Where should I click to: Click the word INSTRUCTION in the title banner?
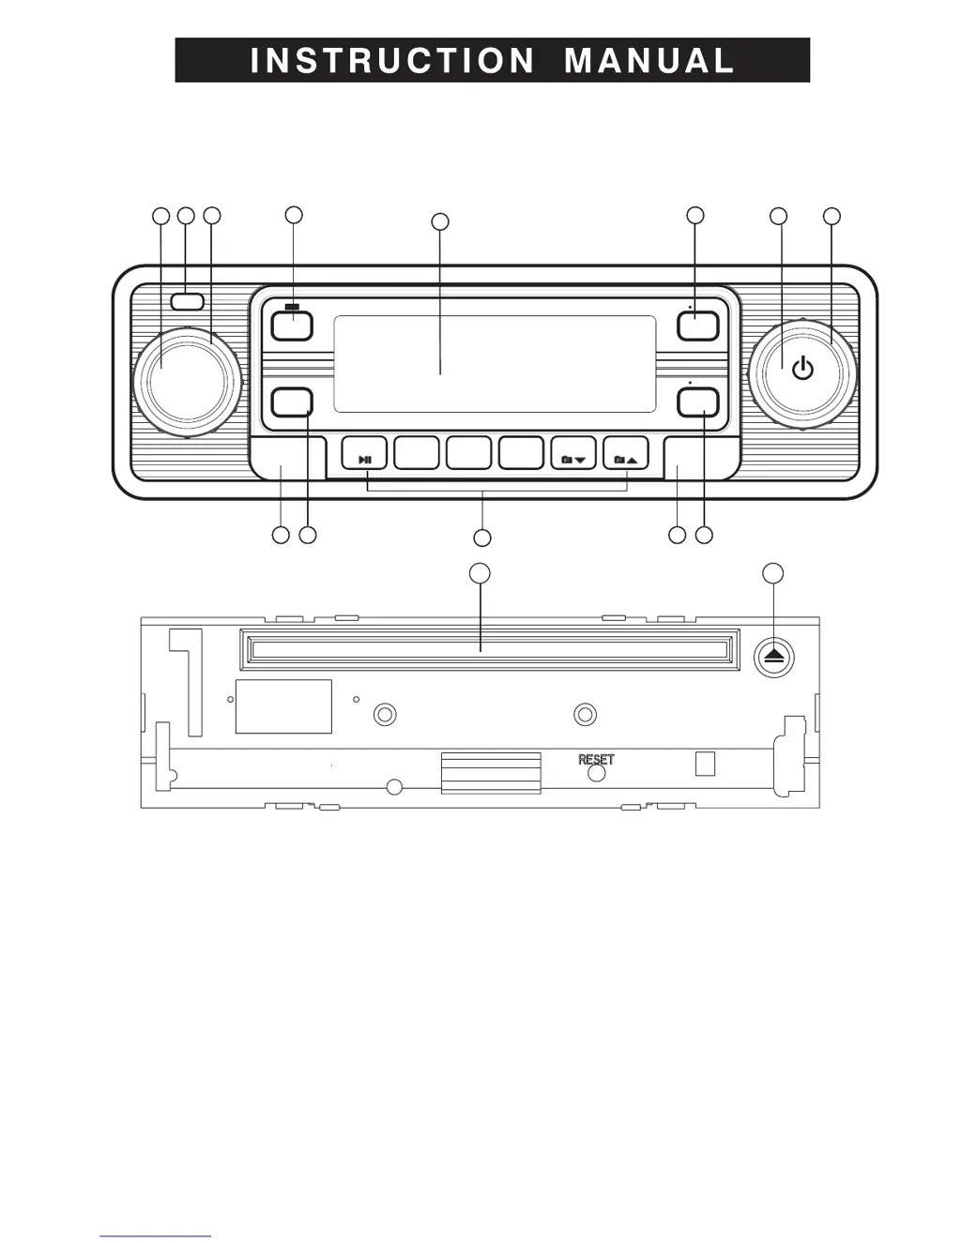tap(392, 61)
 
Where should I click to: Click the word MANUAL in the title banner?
tap(649, 61)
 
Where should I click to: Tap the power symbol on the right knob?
tap(802, 369)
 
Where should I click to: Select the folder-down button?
tap(573, 454)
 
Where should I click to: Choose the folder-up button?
tap(626, 454)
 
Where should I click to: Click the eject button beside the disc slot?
tap(773, 657)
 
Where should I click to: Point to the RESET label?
tap(596, 759)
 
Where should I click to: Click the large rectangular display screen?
tap(495, 364)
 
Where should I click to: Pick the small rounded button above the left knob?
tap(188, 301)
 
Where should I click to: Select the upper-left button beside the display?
tap(291, 326)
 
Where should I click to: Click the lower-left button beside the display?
tap(291, 402)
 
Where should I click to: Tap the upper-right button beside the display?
tap(698, 326)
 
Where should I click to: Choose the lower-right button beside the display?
tap(698, 402)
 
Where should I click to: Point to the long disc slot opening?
tap(489, 649)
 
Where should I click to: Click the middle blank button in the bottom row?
tap(468, 454)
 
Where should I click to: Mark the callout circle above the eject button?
tap(772, 573)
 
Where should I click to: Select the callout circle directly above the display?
tap(439, 222)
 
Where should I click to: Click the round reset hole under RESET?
tap(596, 774)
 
